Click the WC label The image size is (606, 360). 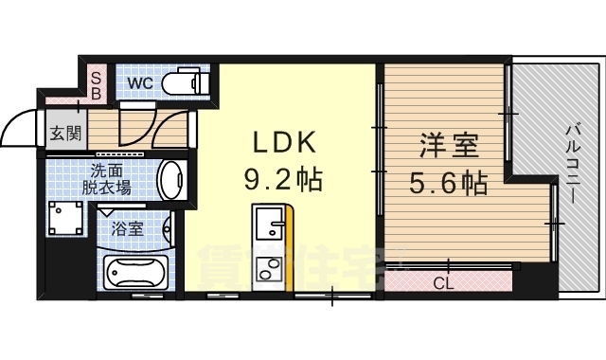pos(139,82)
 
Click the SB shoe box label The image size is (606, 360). pos(96,86)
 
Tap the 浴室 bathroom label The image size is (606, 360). pos(128,228)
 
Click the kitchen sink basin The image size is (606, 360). pos(272,227)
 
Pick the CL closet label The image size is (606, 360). pos(442,282)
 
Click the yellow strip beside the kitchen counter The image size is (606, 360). pos(291,251)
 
